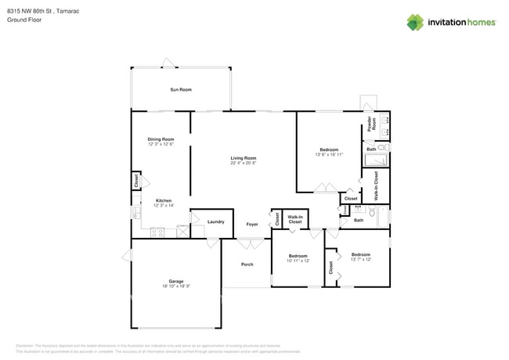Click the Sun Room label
pyautogui.click(x=181, y=90)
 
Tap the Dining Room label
pyautogui.click(x=160, y=139)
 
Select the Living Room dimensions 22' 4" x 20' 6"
pyautogui.click(x=243, y=163)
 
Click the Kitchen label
pyautogui.click(x=163, y=200)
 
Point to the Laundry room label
pyautogui.click(x=216, y=221)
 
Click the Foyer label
pyautogui.click(x=252, y=224)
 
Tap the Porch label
pyautogui.click(x=247, y=265)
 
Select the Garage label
pyautogui.click(x=175, y=281)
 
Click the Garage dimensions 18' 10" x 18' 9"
pyautogui.click(x=175, y=286)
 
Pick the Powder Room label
pyautogui.click(x=373, y=124)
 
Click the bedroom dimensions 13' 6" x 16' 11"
pyautogui.click(x=329, y=155)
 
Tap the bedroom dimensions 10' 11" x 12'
pyautogui.click(x=298, y=261)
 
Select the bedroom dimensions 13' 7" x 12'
pyautogui.click(x=360, y=259)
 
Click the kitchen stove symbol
pyautogui.click(x=157, y=231)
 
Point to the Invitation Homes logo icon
pyautogui.click(x=414, y=23)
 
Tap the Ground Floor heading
pyautogui.click(x=23, y=20)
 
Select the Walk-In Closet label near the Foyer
pyautogui.click(x=295, y=220)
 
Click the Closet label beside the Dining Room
pyautogui.click(x=136, y=180)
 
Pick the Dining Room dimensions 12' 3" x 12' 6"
pyautogui.click(x=160, y=145)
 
